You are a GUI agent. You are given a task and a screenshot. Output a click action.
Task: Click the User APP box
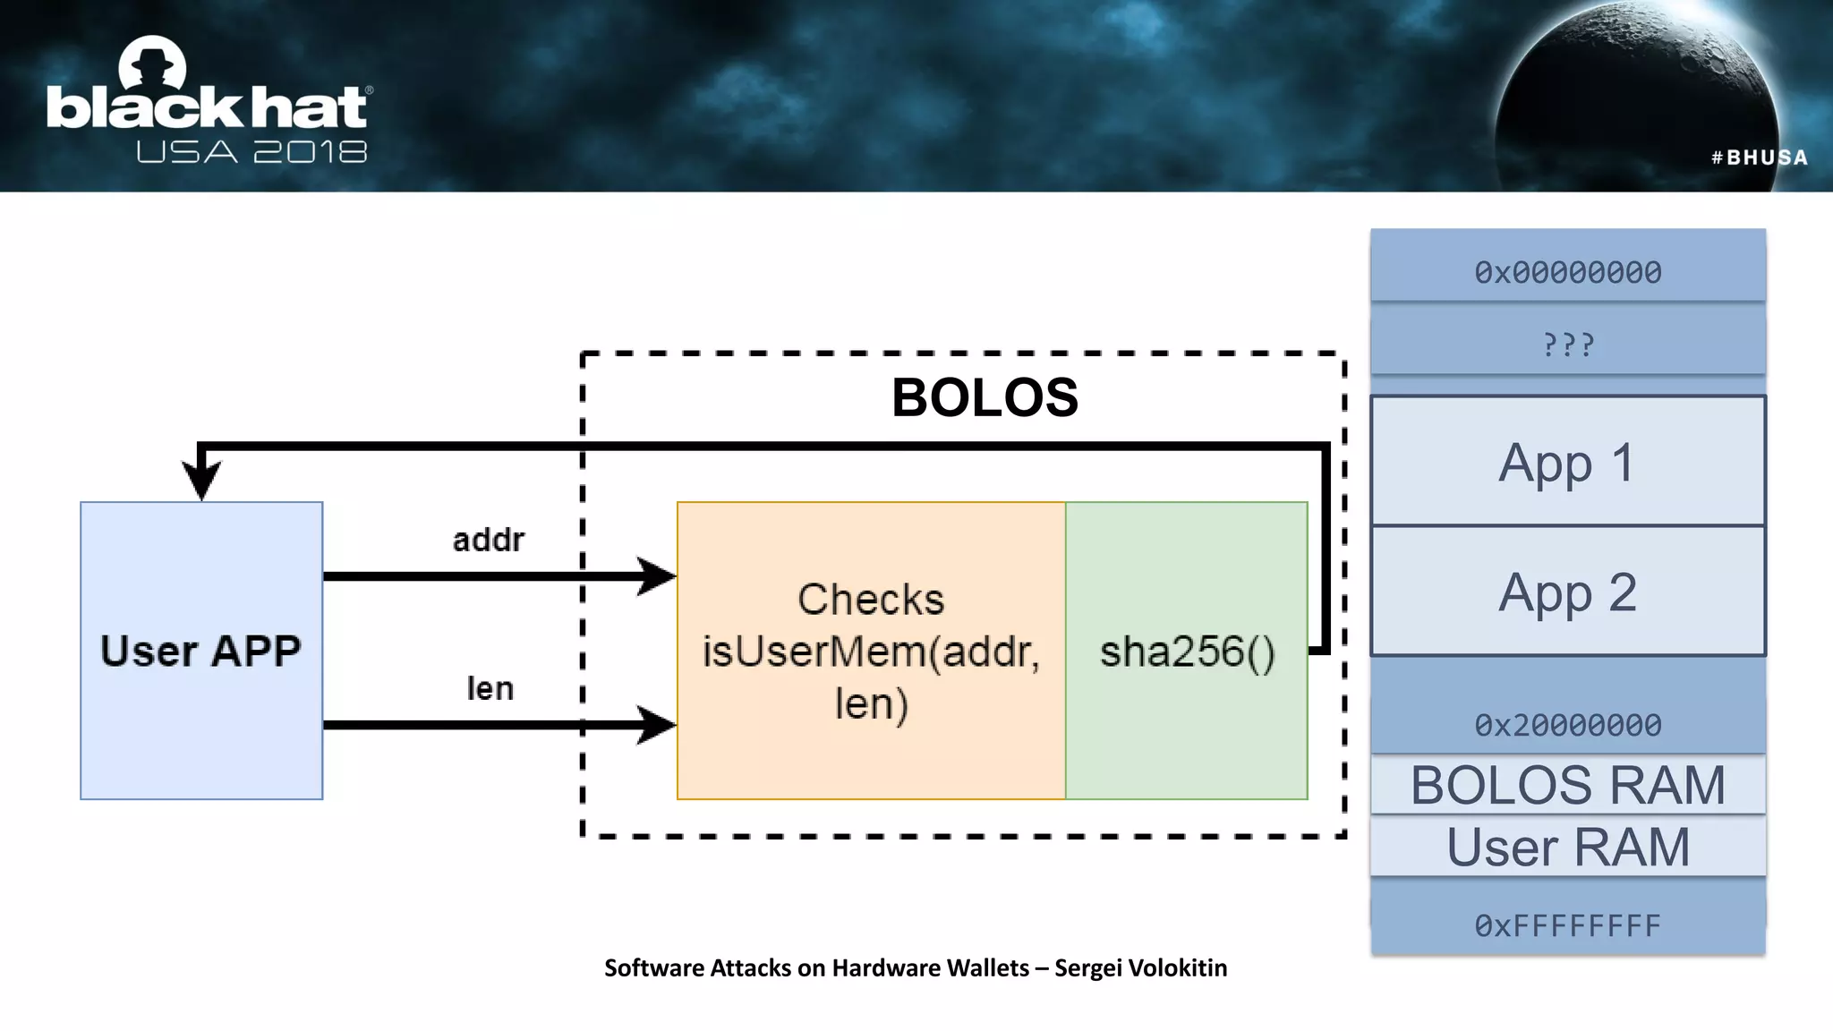coord(201,651)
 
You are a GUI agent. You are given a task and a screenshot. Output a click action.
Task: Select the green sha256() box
coord(1187,651)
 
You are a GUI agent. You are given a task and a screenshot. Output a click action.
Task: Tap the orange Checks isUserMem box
coord(871,651)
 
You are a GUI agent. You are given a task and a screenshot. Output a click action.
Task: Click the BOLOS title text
coord(985,397)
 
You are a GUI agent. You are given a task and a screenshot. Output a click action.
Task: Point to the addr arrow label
coord(488,540)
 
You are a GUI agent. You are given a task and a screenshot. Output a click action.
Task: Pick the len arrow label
coord(490,688)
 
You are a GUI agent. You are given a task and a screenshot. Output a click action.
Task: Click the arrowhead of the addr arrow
coord(659,576)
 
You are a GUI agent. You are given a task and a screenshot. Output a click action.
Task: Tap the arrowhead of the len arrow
coord(659,725)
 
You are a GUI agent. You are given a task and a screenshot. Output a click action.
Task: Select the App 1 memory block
coord(1567,462)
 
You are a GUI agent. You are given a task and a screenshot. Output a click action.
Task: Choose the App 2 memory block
coord(1567,592)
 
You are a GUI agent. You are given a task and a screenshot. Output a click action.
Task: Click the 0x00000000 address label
coord(1567,272)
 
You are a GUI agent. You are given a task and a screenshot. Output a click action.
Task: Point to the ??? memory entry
coord(1567,345)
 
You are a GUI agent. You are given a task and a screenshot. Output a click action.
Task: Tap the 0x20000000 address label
coord(1567,725)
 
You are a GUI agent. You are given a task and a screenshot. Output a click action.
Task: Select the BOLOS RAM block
coord(1567,785)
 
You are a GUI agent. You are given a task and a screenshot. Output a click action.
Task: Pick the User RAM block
coord(1567,847)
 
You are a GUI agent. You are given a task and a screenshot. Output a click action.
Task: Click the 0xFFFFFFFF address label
coord(1567,925)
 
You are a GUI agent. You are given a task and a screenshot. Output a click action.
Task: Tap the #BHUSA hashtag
coord(1759,158)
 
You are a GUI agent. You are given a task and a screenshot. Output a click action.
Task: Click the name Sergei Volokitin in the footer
coord(1140,967)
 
